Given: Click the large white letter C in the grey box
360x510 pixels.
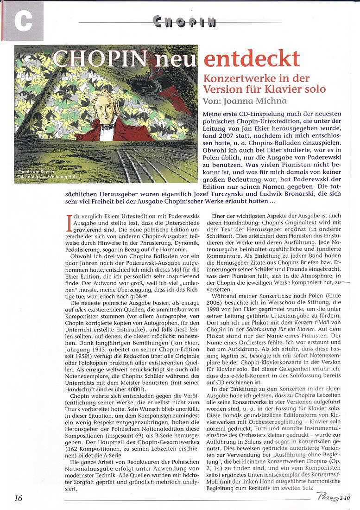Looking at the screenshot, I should click(x=23, y=20).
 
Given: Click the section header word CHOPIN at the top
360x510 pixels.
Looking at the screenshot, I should click(x=184, y=21).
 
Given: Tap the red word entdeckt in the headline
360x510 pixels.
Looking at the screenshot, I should click(x=252, y=59).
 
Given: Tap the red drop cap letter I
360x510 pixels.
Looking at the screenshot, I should click(x=69, y=223).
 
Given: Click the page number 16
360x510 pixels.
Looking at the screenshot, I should click(x=18, y=498).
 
